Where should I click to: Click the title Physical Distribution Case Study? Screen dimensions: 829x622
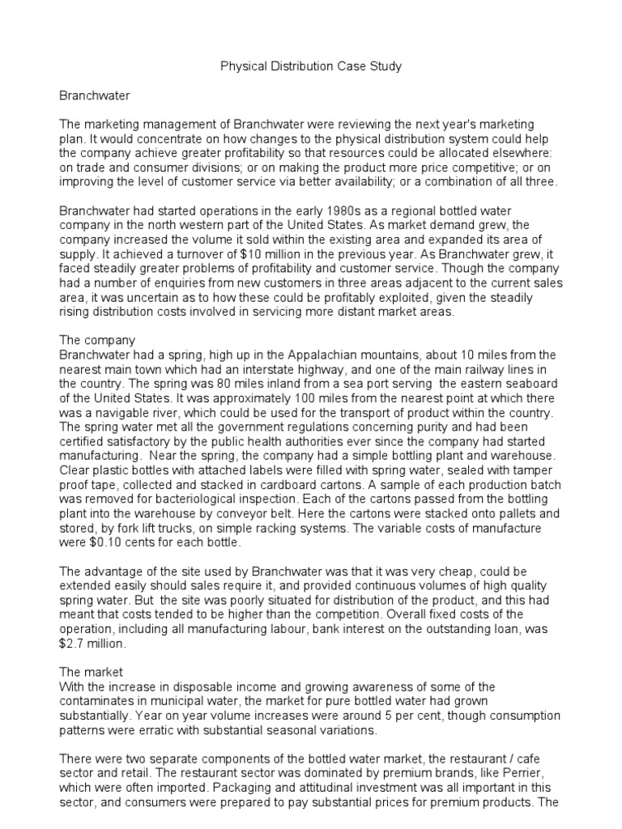311,66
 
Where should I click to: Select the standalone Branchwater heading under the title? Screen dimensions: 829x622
95,96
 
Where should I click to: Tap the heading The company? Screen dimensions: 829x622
98,341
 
